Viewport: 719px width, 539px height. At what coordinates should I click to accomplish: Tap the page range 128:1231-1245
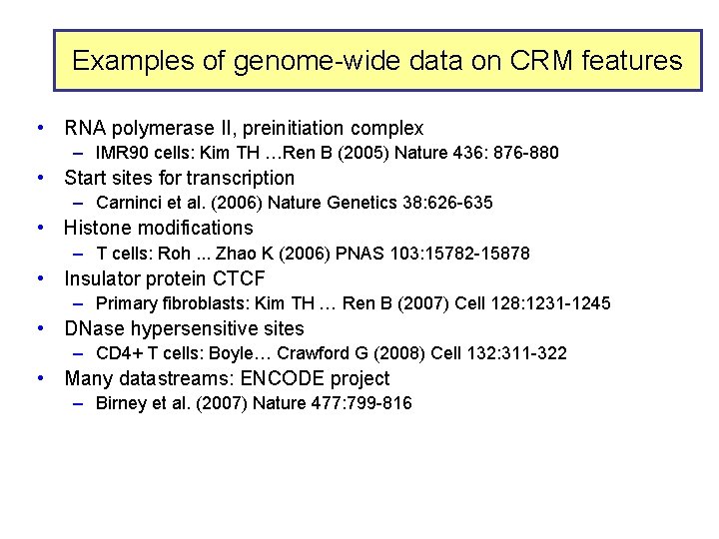point(546,303)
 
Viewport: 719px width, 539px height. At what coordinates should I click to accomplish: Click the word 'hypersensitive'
point(183,328)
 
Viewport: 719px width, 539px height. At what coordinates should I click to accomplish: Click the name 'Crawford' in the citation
point(313,353)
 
